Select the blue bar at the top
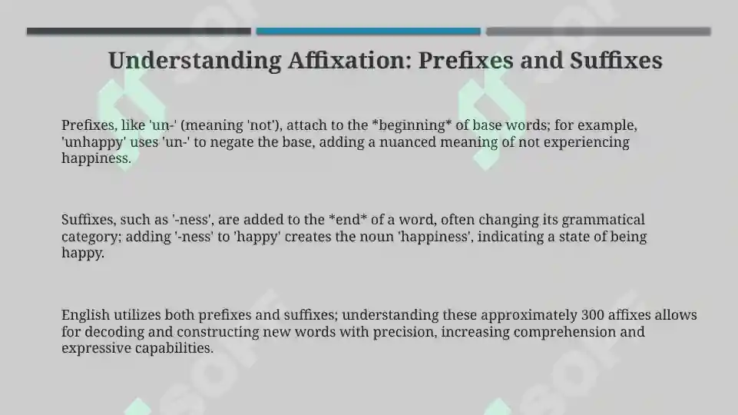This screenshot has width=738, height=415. pos(368,32)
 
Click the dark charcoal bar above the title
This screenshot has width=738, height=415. pos(138,32)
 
